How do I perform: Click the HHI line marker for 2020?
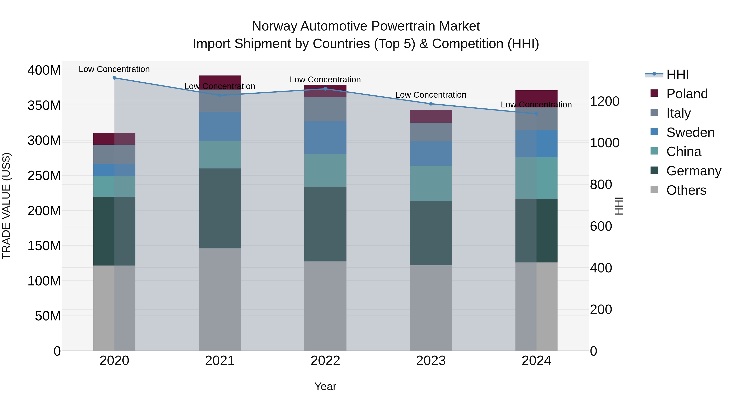pos(114,78)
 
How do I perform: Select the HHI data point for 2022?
pos(325,89)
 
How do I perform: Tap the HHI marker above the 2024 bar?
pos(536,114)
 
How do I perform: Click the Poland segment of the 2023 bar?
pos(431,116)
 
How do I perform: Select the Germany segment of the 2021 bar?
pos(220,208)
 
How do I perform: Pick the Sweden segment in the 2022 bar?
pos(325,138)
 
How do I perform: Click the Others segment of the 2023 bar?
pos(431,308)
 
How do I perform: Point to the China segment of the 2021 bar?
pos(220,155)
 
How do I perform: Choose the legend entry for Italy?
pos(678,113)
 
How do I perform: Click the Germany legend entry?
pos(693,171)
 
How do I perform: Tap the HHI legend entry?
pos(678,74)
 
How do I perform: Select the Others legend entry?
pos(686,190)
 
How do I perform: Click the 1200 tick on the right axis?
pos(605,102)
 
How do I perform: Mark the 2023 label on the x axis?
pos(431,361)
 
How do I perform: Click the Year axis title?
pos(325,386)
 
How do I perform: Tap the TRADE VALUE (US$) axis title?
pos(6,206)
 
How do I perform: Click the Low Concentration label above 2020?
pos(114,69)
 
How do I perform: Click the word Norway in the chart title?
pos(274,26)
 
